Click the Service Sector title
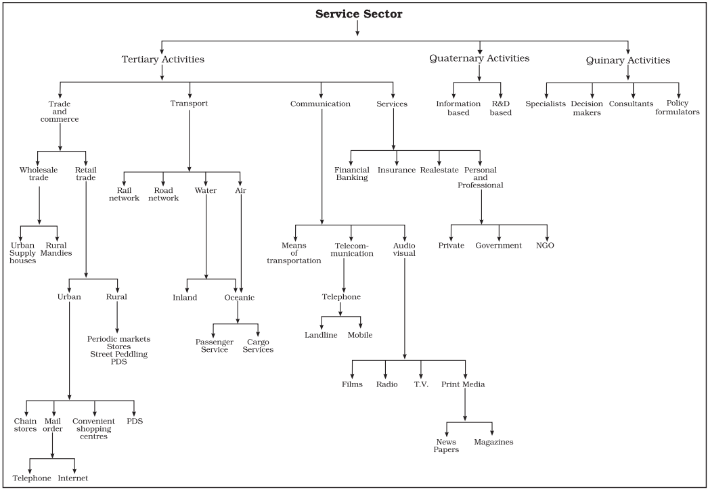[x=359, y=14]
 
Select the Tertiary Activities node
[x=163, y=59]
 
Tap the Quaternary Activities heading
[x=479, y=58]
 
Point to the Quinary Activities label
[x=627, y=60]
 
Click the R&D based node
[x=501, y=108]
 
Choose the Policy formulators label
[x=678, y=108]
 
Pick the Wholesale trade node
[x=39, y=174]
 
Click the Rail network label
[x=124, y=194]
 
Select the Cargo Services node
[x=258, y=346]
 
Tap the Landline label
[x=321, y=335]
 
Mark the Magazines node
[x=493, y=442]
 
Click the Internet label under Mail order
[x=72, y=478]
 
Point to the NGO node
[x=545, y=246]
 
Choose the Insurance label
[x=397, y=171]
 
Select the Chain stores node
[x=25, y=425]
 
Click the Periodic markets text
[x=118, y=339]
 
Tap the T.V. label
[x=421, y=384]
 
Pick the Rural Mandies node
[x=56, y=249]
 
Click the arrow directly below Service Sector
[x=357, y=28]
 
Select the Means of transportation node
[x=294, y=253]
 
